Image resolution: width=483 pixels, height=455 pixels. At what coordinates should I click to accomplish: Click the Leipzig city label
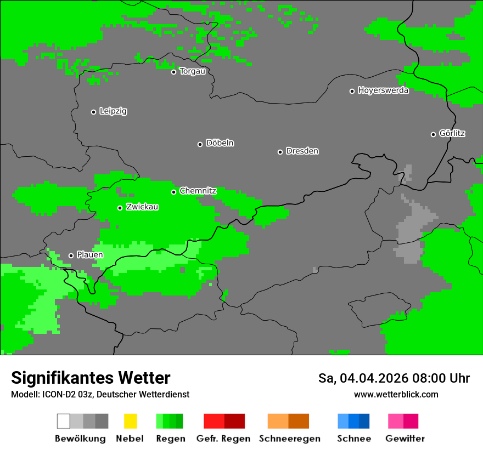113,111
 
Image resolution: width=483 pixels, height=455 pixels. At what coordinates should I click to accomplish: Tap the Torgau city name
192,71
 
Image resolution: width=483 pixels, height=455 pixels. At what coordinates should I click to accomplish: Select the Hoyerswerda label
383,90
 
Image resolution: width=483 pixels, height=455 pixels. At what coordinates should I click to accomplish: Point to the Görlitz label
452,133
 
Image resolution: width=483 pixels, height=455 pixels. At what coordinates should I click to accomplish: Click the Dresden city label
302,151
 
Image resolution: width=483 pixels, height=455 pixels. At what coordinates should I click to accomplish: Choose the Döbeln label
220,143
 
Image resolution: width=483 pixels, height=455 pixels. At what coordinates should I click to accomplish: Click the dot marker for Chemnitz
173,192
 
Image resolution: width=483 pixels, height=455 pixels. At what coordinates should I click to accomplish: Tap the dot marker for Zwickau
120,208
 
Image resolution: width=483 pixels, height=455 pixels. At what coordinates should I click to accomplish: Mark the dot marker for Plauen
71,255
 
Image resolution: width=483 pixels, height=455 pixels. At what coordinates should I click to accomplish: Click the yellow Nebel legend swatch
130,421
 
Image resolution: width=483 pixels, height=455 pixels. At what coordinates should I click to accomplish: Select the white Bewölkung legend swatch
64,421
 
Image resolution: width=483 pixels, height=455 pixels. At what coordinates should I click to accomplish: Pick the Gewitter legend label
405,439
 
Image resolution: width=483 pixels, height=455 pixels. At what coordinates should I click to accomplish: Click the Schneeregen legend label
289,439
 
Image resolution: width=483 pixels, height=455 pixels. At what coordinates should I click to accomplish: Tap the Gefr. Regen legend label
223,439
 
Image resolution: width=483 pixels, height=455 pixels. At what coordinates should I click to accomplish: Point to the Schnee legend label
354,439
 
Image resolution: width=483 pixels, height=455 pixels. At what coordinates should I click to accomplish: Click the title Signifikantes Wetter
91,378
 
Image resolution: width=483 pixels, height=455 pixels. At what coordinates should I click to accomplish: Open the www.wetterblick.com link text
396,394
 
